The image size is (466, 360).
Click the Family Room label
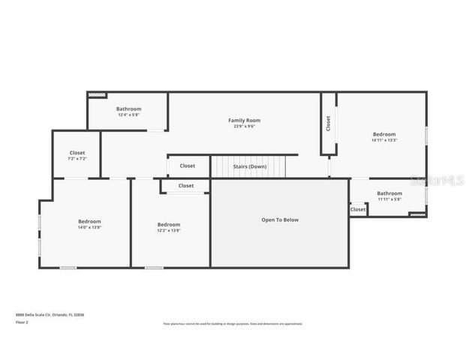pos(244,120)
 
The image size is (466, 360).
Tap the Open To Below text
pos(280,220)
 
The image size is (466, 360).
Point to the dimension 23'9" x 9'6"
pos(244,126)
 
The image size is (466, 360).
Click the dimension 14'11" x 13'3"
pos(383,140)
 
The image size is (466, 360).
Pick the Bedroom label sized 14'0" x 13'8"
pos(89,221)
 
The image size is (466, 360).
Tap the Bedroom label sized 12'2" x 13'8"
pos(168,224)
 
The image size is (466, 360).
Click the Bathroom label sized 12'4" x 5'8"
pos(128,109)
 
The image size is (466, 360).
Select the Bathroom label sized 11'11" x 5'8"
pos(389,193)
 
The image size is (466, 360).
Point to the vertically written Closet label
pos(328,123)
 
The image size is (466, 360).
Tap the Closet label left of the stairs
pos(187,166)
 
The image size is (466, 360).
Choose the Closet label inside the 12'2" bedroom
pos(185,185)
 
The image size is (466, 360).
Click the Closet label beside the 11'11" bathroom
pos(358,209)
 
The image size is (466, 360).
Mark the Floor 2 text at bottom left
pos(23,322)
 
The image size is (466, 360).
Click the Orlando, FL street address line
pos(50,315)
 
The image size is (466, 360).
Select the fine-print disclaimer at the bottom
pos(233,324)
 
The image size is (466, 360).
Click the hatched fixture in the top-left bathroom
pos(97,95)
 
